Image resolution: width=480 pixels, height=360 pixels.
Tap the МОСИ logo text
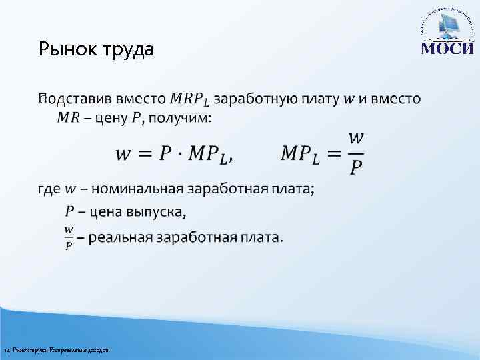coord(447,50)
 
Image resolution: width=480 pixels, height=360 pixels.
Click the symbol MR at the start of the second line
coord(67,118)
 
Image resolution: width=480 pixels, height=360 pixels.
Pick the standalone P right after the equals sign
coord(166,153)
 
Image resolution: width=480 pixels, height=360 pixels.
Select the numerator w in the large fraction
coord(356,137)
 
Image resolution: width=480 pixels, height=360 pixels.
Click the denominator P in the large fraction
coord(356,168)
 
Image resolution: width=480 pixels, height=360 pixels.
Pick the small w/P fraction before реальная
coord(69,237)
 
